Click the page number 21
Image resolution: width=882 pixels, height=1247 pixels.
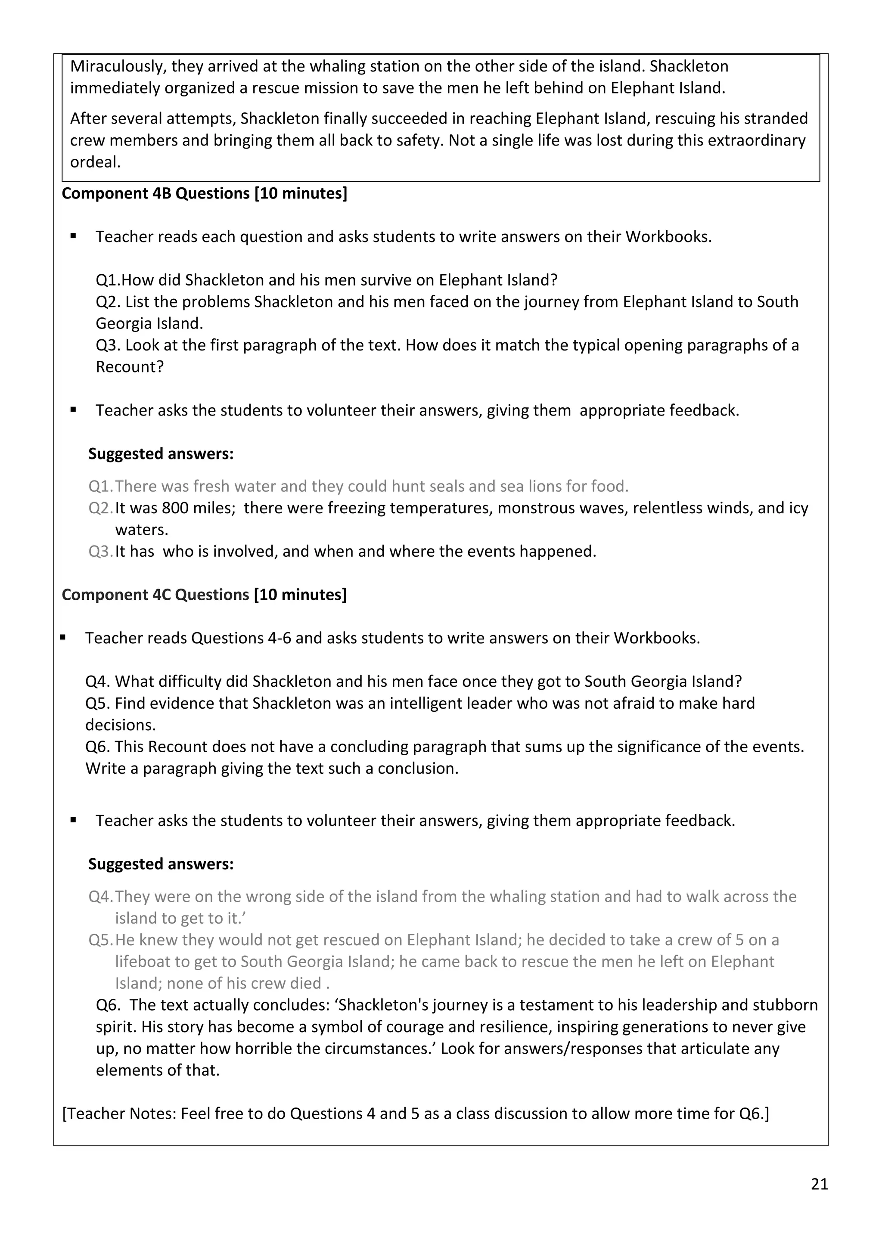click(x=819, y=1184)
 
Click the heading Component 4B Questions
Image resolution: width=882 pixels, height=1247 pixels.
click(x=204, y=193)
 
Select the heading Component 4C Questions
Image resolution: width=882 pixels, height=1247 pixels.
click(x=204, y=595)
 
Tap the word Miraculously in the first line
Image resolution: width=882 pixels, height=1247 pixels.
click(x=118, y=66)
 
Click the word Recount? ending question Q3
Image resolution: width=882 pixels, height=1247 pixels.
click(x=129, y=367)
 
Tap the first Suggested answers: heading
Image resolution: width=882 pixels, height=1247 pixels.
click(x=161, y=453)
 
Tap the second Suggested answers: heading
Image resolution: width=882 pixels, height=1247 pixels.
click(x=161, y=864)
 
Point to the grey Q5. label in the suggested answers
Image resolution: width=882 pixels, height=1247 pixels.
click(x=100, y=940)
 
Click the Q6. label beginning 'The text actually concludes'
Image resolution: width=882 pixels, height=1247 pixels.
click(x=108, y=1005)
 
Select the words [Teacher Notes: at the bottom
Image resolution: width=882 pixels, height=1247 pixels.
click(x=119, y=1114)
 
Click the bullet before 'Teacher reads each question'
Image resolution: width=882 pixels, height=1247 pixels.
click(x=73, y=237)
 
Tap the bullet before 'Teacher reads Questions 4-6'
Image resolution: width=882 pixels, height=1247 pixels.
click(x=63, y=638)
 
